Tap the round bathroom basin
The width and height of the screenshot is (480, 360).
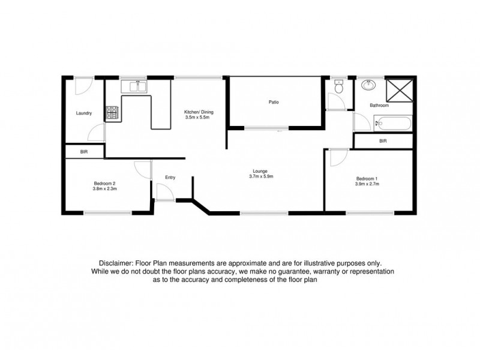[x=367, y=85]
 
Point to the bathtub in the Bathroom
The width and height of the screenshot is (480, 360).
[x=392, y=125]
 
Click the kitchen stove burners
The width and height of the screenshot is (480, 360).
[x=112, y=112]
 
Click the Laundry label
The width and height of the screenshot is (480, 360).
[x=83, y=113]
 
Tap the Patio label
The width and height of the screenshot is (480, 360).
[x=274, y=102]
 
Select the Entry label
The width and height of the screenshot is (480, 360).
[x=171, y=177]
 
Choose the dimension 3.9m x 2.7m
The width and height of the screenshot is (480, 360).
[x=367, y=184]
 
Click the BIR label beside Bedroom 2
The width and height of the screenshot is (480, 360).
[x=84, y=152]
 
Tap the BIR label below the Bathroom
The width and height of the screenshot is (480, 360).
[x=383, y=141]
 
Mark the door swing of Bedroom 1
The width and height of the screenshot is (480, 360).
[x=338, y=157]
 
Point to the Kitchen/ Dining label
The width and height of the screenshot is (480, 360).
[x=199, y=112]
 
